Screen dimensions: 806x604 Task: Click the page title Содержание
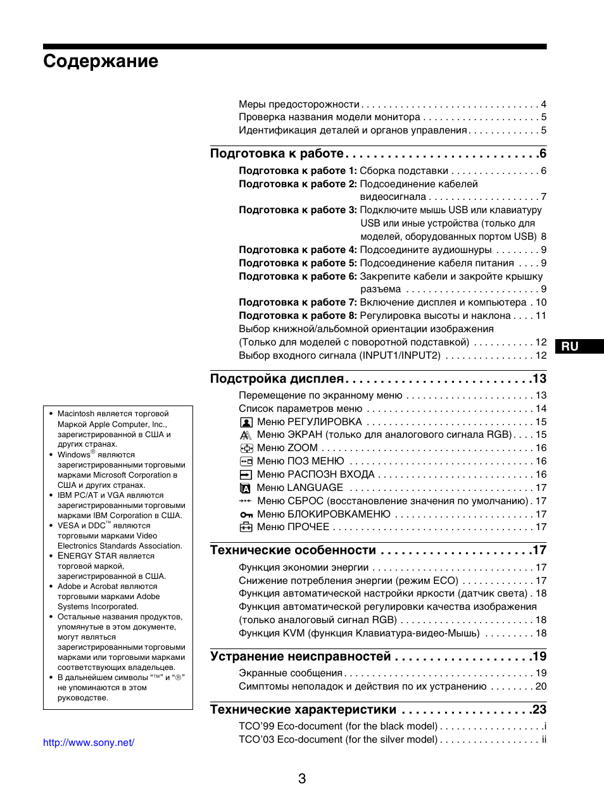pos(101,61)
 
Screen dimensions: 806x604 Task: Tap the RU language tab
pos(570,346)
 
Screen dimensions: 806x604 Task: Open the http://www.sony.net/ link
pos(89,743)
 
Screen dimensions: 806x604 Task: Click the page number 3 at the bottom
pos(302,779)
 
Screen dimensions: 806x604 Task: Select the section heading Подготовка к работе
pos(277,154)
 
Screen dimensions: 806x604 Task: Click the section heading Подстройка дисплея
pos(277,379)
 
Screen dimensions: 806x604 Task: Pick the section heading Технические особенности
pos(293,550)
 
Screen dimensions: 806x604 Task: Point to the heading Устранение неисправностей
pos(300,657)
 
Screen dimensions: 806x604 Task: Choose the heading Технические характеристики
pos(303,710)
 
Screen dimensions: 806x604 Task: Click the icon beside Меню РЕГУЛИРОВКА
pos(246,423)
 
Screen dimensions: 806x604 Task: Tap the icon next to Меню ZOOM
pos(246,449)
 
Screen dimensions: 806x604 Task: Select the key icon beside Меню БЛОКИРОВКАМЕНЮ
pos(246,515)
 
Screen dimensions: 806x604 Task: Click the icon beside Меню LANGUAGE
pos(246,488)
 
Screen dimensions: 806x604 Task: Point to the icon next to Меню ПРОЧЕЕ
pos(246,528)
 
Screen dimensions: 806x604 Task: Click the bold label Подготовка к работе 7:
pos(298,302)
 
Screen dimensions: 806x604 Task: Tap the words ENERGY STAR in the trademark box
pos(87,556)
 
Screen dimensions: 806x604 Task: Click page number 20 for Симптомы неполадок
pos(541,686)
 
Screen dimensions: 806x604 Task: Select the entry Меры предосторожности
pos(299,104)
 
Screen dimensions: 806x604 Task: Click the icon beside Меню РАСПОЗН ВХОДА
pos(246,475)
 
